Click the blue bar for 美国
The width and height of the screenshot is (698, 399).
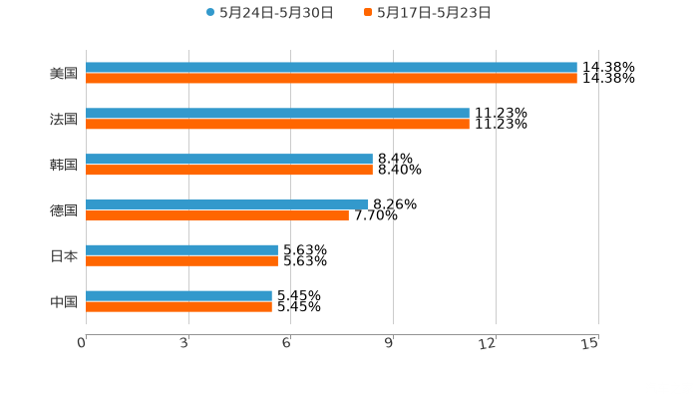point(331,68)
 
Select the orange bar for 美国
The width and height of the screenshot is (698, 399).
point(331,79)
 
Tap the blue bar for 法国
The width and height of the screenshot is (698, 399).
point(277,114)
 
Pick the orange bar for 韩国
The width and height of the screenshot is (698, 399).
point(229,171)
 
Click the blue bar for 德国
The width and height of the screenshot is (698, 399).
point(227,204)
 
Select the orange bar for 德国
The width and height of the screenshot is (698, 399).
point(217,215)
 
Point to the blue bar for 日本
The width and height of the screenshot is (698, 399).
point(181,250)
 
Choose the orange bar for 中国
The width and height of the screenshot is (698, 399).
point(178,307)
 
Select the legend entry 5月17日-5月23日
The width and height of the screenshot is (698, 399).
point(434,13)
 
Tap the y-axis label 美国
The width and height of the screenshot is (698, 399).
point(64,74)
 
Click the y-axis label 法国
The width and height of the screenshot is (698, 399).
point(64,120)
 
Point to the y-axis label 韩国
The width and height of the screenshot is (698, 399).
point(64,166)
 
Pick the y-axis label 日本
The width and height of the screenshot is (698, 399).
point(64,256)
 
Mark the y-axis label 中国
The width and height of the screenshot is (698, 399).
point(64,302)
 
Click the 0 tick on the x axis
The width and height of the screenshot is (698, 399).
point(82,343)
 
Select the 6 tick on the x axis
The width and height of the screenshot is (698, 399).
point(287,343)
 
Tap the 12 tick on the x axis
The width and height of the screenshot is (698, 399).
point(489,343)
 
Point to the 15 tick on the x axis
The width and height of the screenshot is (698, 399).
point(590,343)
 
